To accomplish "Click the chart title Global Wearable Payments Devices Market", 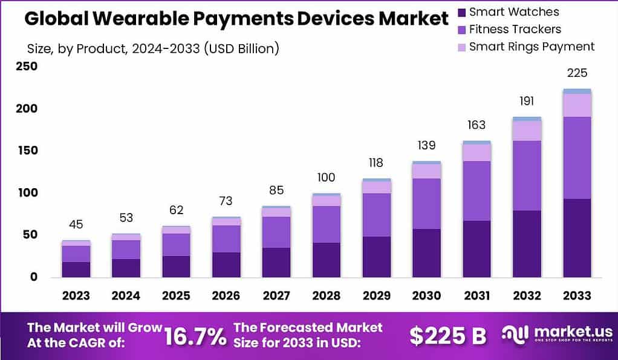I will pyautogui.click(x=236, y=19).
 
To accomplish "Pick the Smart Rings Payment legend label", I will pyautogui.click(x=532, y=47).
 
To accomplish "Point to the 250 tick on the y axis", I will pyautogui.click(x=27, y=67).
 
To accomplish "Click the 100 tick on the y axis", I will pyautogui.click(x=27, y=192).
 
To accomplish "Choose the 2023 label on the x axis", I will pyautogui.click(x=76, y=296).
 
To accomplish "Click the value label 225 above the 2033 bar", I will pyautogui.click(x=576, y=74).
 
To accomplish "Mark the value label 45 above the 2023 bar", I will pyautogui.click(x=76, y=224).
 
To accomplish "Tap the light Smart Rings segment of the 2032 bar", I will pyautogui.click(x=527, y=131).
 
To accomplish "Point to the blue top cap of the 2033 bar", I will pyautogui.click(x=576, y=91).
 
